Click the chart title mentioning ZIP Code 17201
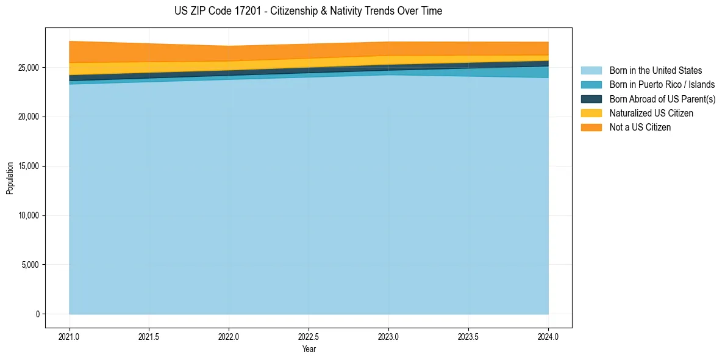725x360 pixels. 308,11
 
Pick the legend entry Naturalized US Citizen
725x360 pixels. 651,113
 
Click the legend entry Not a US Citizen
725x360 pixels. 640,127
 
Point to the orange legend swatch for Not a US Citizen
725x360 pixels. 591,127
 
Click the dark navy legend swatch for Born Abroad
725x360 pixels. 591,99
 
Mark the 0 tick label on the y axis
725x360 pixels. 38,314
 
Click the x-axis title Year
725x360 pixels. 309,349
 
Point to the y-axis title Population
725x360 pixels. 10,178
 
